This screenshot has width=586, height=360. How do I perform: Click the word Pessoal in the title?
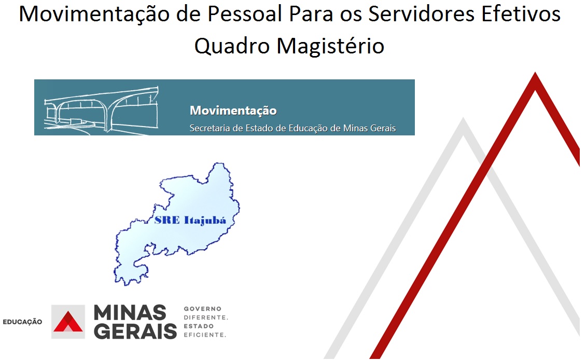point(245,14)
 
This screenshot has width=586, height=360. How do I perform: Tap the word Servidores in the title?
point(422,14)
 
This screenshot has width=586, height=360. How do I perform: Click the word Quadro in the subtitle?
point(232,47)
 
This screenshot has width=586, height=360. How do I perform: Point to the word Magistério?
point(330,46)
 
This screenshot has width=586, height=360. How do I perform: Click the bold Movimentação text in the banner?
point(233,110)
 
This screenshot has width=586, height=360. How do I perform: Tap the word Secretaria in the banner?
point(210,128)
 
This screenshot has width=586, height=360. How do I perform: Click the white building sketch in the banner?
point(101,109)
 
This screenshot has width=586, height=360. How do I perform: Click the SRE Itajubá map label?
point(190,220)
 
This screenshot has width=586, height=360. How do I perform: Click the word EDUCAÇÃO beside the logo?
point(22,322)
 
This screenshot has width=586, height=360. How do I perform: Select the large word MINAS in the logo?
point(130,312)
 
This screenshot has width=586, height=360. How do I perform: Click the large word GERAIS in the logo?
point(135,331)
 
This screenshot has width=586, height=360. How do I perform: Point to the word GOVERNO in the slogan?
point(203,309)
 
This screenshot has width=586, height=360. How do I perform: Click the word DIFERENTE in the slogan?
point(205,317)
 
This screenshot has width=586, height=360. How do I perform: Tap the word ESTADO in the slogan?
point(199,326)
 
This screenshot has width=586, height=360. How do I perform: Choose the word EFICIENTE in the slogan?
point(205,335)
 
